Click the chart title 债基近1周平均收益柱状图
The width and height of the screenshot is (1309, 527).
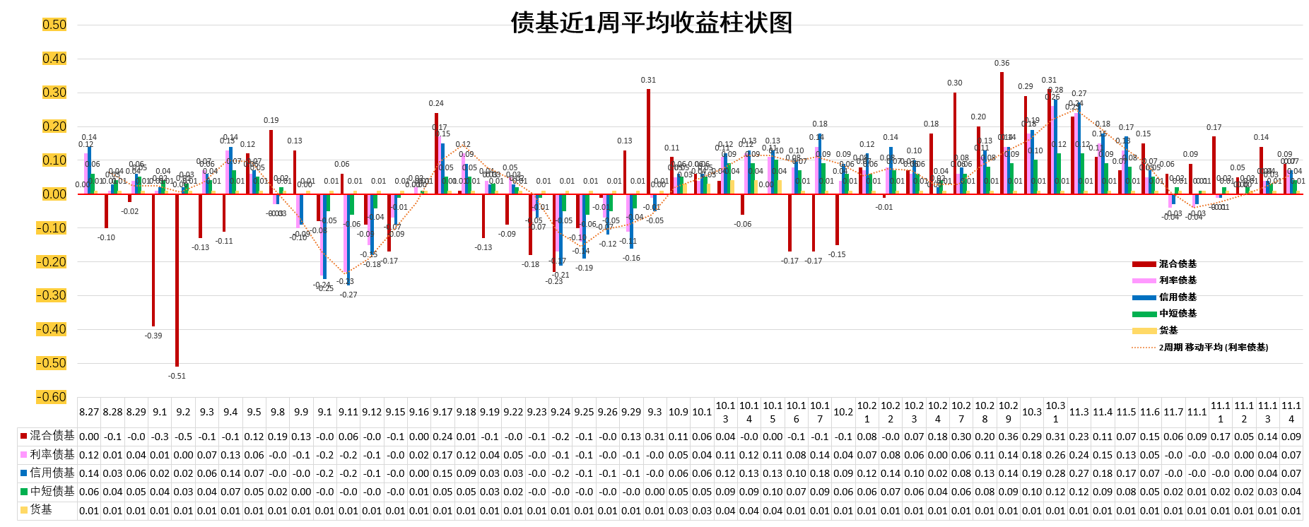(x=651, y=23)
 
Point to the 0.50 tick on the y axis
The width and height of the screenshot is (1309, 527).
(x=54, y=25)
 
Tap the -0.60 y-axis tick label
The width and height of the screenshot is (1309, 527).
(x=52, y=397)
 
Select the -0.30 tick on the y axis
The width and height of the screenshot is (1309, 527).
(x=52, y=295)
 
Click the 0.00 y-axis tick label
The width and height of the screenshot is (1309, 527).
(x=54, y=194)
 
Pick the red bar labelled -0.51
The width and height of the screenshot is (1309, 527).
(x=177, y=280)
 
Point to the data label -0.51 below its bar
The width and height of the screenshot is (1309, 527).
(x=177, y=376)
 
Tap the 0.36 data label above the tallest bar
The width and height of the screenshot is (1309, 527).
(x=1002, y=63)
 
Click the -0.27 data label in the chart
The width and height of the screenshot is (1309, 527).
(x=348, y=295)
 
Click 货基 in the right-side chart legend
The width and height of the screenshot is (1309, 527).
(x=1168, y=331)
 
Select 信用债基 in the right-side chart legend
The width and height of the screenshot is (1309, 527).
(x=1178, y=297)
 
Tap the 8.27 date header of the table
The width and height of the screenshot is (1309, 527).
(x=89, y=412)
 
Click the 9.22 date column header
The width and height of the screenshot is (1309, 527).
(x=513, y=412)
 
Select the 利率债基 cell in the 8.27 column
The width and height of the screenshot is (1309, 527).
(x=89, y=455)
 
